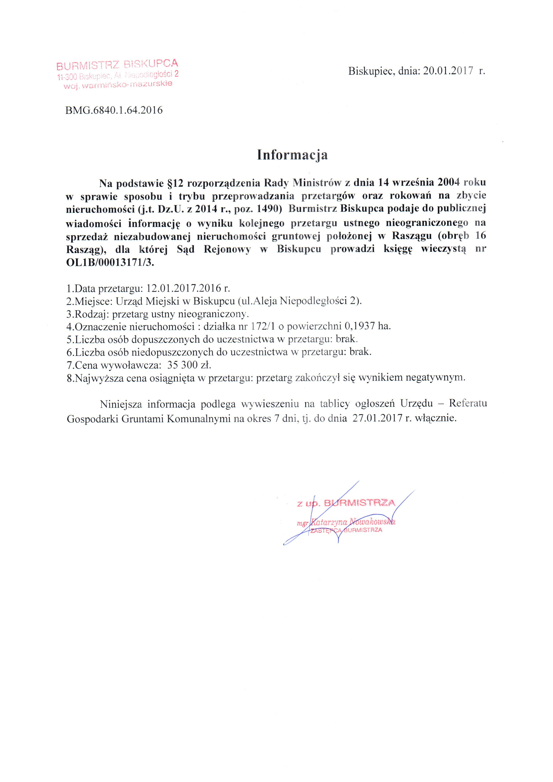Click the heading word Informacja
click(292, 155)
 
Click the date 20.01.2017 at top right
click(448, 71)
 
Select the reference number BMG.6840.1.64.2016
click(114, 110)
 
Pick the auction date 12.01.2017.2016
click(184, 289)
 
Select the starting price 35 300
click(183, 365)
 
